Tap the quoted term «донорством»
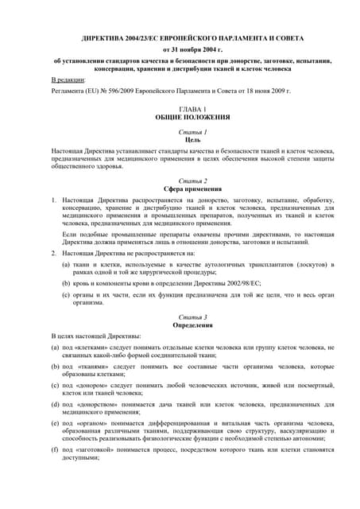(x=96, y=404)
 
